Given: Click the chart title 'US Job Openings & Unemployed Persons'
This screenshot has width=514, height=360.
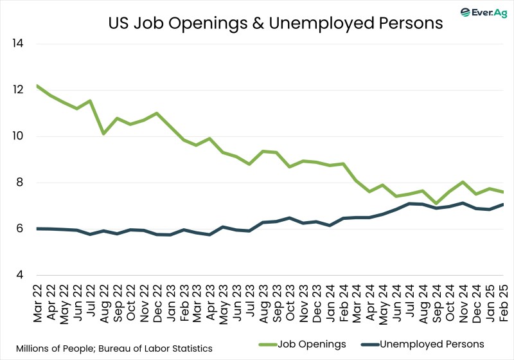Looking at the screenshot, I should pyautogui.click(x=274, y=23).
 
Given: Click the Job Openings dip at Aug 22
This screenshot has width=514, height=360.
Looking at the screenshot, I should pyautogui.click(x=104, y=134).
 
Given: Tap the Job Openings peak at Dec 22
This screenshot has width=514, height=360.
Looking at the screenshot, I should pyautogui.click(x=157, y=113).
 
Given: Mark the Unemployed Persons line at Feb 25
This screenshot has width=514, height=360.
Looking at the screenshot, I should pyautogui.click(x=502, y=204).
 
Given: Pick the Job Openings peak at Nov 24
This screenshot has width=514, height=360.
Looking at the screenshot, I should pyautogui.click(x=463, y=182).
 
